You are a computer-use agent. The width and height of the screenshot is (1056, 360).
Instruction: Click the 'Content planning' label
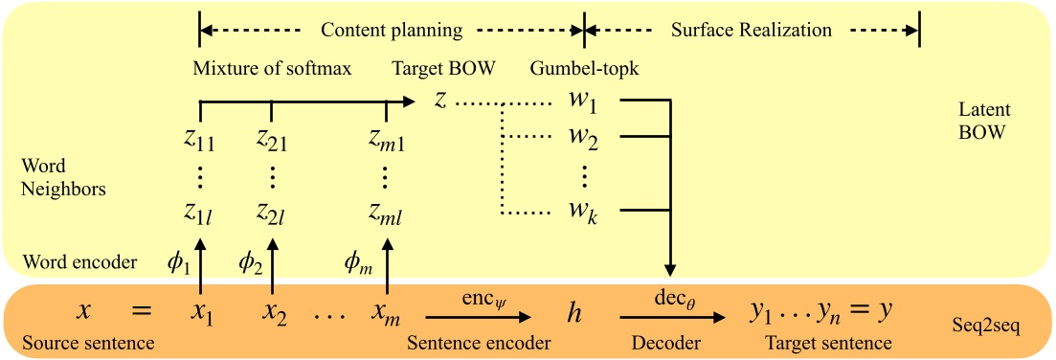(x=391, y=31)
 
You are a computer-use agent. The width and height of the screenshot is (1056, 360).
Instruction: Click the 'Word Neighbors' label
(x=63, y=178)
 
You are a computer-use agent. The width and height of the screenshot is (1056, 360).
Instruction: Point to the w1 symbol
(x=583, y=101)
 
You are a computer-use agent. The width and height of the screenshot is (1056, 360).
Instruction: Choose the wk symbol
(x=583, y=210)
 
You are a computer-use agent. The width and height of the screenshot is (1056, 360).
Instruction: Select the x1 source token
(x=199, y=311)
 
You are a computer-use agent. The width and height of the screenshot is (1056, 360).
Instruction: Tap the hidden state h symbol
(x=574, y=312)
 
